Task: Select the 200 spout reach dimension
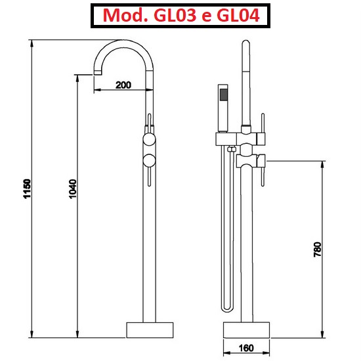pyautogui.click(x=123, y=84)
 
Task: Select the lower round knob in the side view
pyautogui.click(x=149, y=159)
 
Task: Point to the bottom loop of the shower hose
pyautogui.click(x=227, y=308)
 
